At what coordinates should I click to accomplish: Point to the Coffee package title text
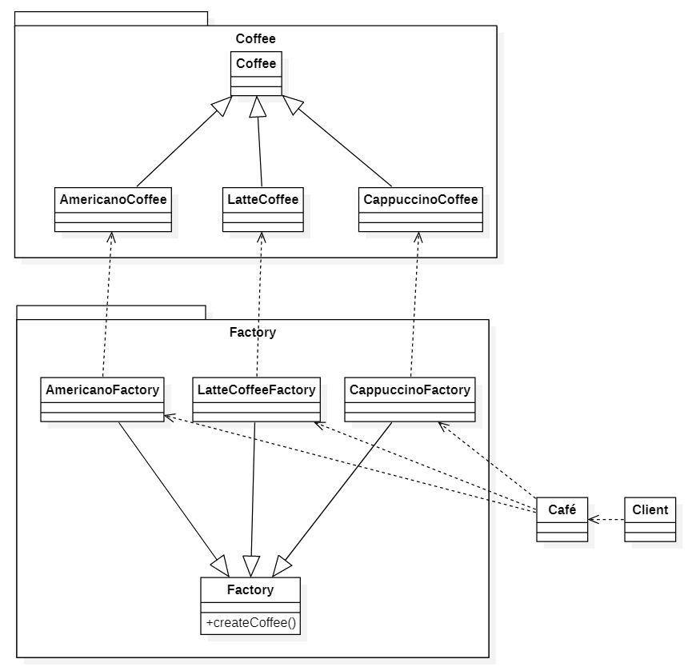pos(256,38)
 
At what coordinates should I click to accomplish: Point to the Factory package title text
pos(252,332)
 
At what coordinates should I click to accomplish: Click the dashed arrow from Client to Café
pos(606,519)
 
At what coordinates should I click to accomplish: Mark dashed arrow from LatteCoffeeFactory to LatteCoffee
pos(259,304)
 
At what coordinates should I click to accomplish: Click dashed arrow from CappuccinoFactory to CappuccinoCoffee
pos(414,304)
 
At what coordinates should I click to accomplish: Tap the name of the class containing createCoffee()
pos(250,590)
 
